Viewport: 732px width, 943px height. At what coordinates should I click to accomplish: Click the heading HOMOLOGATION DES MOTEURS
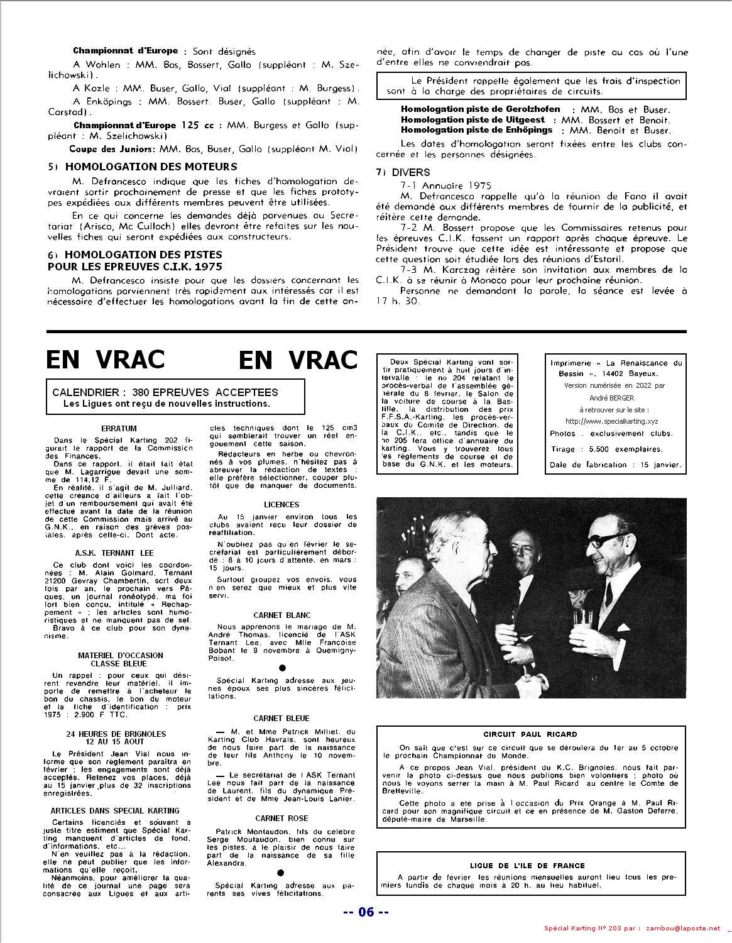coord(151,167)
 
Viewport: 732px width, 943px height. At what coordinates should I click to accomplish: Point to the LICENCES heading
coord(281,504)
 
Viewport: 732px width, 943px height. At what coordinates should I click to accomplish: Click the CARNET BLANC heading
coord(281,615)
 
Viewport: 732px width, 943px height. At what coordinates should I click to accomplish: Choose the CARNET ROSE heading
coord(281,819)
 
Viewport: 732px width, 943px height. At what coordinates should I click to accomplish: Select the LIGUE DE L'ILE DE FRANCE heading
coord(527,866)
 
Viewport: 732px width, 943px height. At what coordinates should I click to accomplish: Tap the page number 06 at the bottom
coord(366,912)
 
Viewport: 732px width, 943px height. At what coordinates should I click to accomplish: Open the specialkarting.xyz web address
coord(615,421)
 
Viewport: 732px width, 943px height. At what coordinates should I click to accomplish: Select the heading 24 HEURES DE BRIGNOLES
coord(116,734)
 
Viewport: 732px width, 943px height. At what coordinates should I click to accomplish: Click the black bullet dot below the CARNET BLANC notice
coord(281,668)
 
